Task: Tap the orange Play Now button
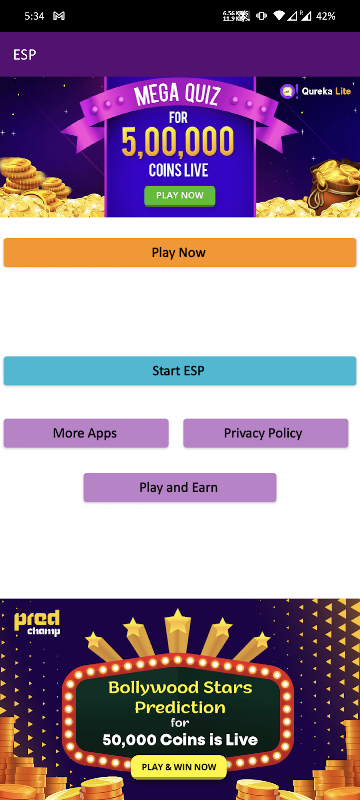179,253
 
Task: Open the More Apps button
86,433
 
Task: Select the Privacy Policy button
266,433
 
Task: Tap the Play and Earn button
179,487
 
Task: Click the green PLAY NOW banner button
179,195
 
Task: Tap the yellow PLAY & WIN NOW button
179,767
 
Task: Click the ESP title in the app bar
24,55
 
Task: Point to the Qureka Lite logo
316,92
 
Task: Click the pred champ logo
37,623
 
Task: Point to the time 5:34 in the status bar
34,16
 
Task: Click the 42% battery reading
325,16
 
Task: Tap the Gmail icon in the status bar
59,16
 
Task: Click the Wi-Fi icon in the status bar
278,16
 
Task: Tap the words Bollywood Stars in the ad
180,688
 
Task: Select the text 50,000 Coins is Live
180,739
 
